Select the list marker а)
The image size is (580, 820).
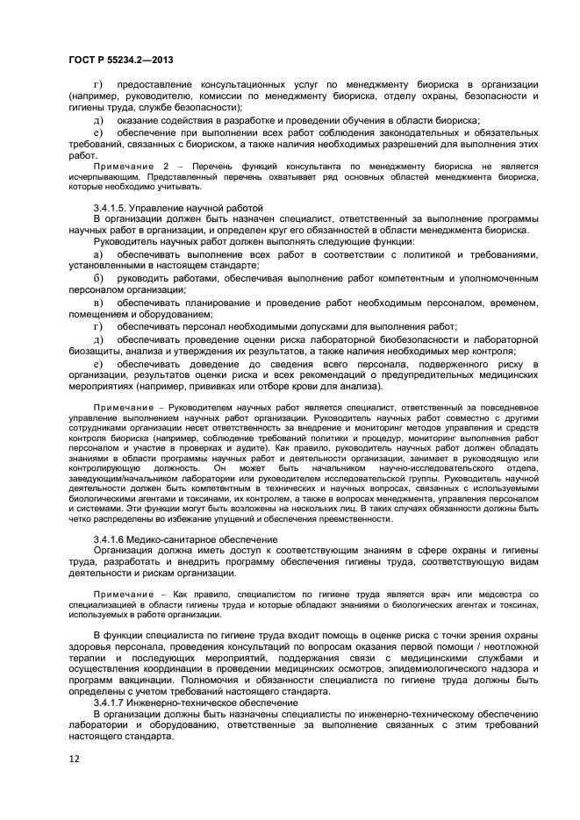98,253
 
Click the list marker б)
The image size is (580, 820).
98,278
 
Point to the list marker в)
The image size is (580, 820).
98,303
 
